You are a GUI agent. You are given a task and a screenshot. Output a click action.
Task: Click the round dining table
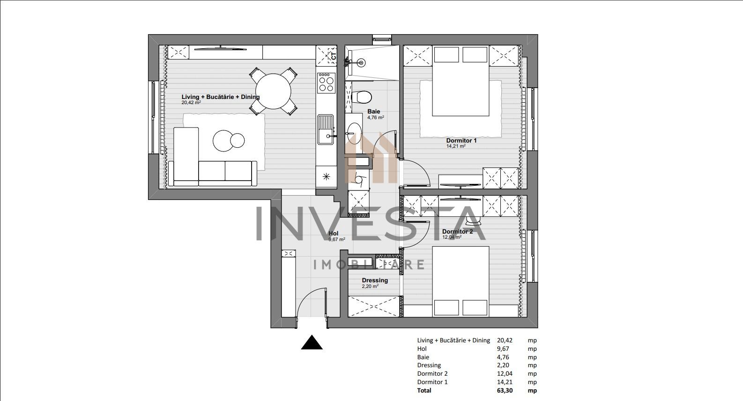click(273, 90)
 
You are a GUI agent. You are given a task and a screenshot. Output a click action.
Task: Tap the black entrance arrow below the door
click(312, 343)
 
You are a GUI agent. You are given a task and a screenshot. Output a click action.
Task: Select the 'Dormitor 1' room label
click(461, 141)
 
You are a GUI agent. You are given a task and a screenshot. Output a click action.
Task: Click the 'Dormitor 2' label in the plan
click(457, 232)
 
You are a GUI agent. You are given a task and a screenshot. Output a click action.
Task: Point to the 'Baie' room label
click(374, 112)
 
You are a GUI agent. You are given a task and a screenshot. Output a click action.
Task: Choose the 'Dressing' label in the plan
click(375, 280)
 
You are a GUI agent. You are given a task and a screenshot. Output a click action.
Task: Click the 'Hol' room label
click(334, 234)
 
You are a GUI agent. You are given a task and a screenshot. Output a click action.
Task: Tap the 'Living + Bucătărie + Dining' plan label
click(220, 97)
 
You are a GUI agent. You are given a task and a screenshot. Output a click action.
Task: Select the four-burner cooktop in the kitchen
click(327, 83)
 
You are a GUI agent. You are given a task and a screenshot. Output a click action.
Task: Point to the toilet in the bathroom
click(362, 97)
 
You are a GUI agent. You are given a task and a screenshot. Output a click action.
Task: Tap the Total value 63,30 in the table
click(503, 390)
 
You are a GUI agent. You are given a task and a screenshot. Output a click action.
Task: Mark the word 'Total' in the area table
click(424, 390)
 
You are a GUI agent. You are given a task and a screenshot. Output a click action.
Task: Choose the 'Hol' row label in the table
click(422, 349)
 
